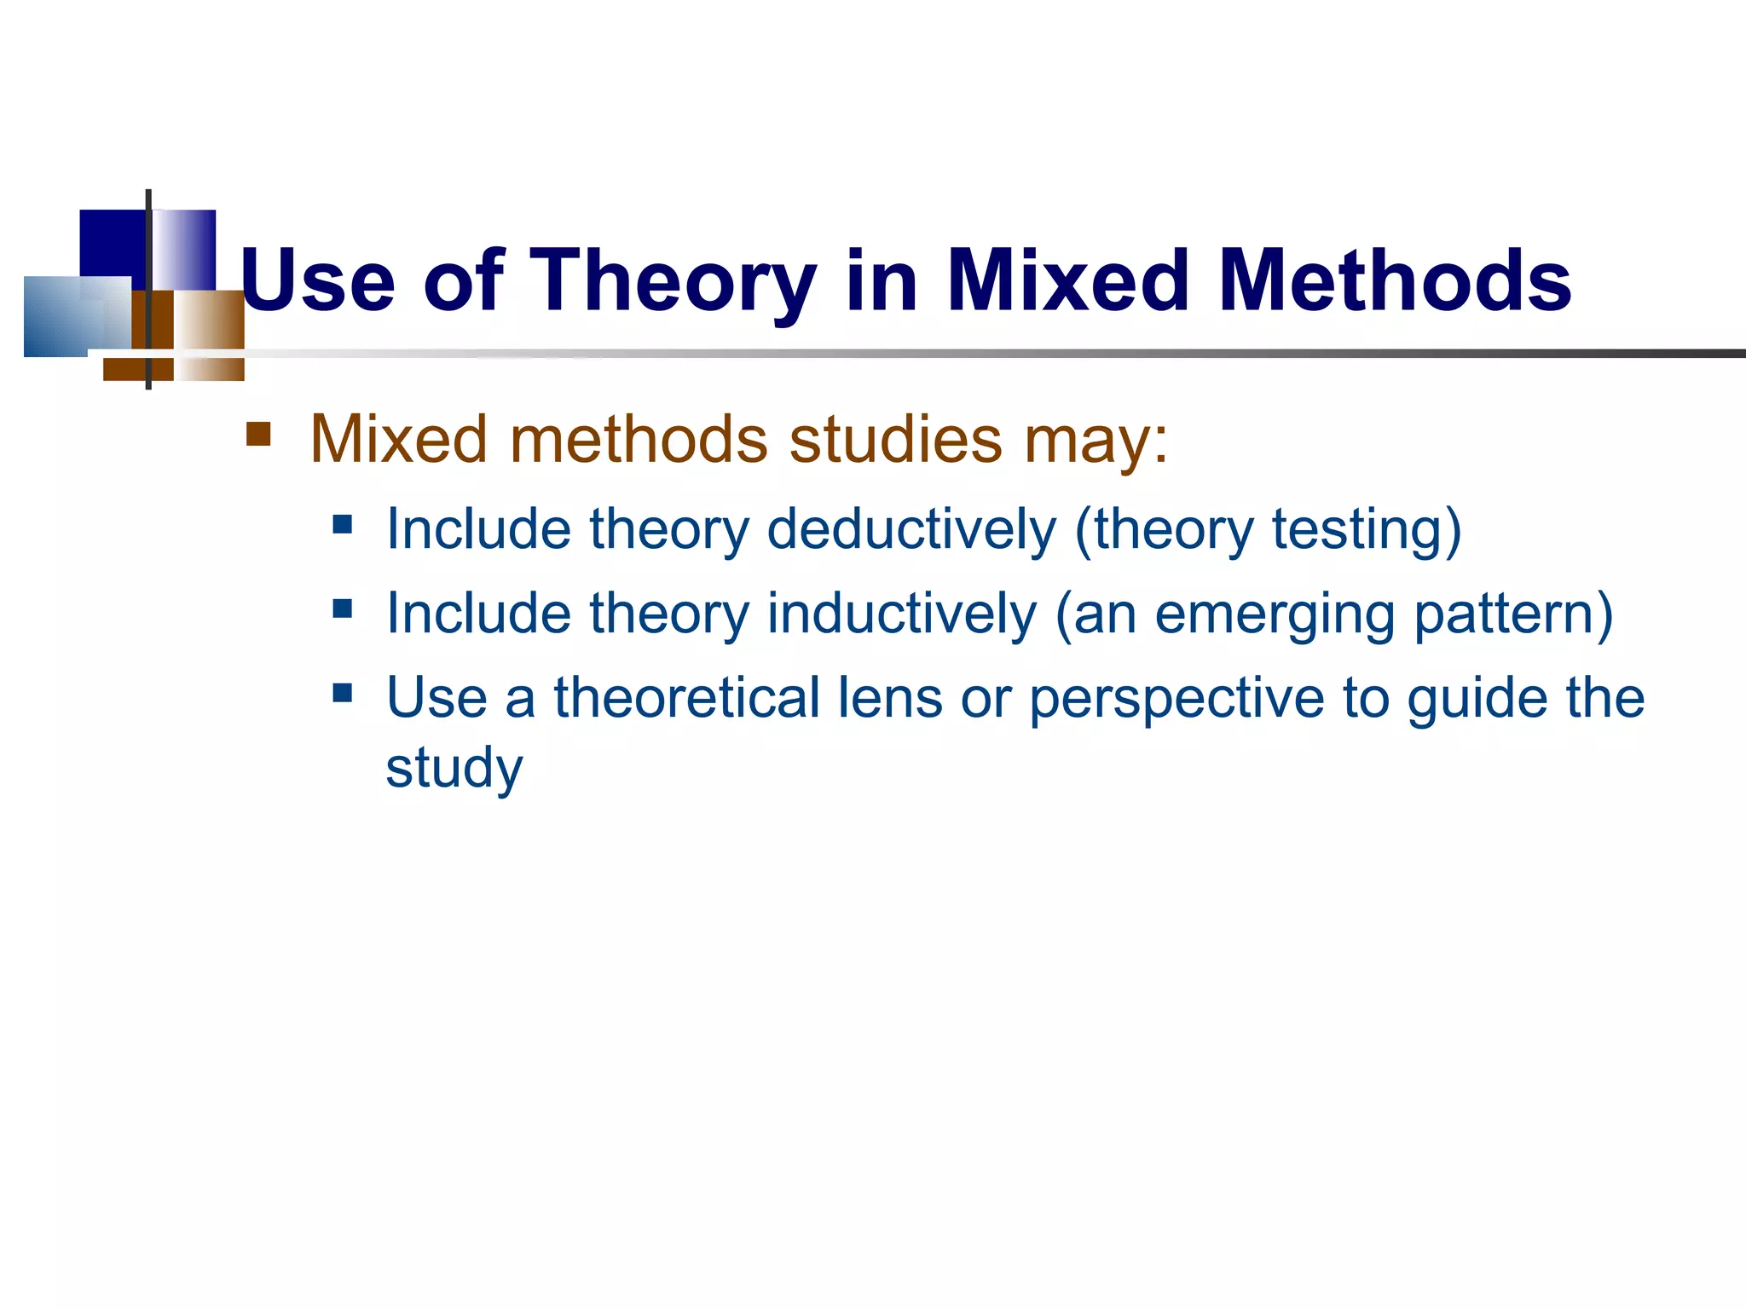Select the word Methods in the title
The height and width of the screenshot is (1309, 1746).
coord(1395,281)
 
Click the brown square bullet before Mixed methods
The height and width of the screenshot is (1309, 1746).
coord(258,434)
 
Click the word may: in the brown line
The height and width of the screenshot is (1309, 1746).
coord(1096,441)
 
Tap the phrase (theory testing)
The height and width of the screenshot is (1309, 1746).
coord(1268,531)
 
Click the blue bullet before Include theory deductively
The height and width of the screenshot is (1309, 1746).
coord(343,523)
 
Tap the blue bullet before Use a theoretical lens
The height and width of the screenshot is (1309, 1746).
coord(343,692)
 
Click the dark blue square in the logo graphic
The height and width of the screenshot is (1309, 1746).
coord(111,242)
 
